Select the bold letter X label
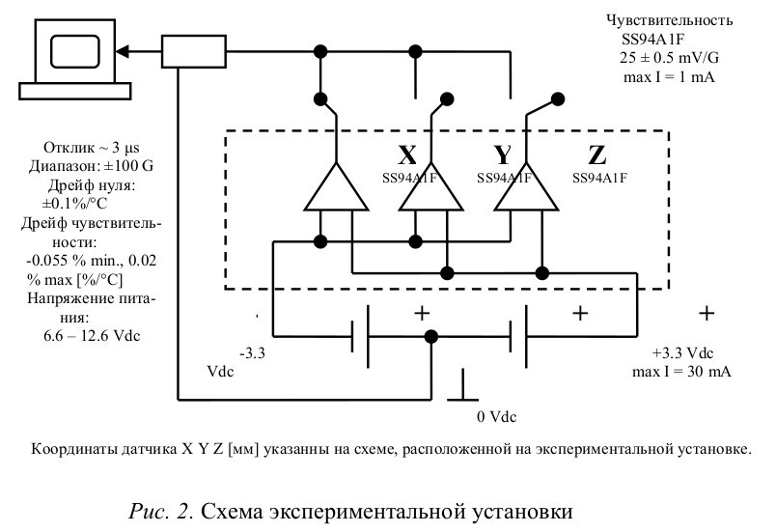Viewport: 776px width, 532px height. tap(407, 155)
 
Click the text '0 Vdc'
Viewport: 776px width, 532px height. tap(497, 417)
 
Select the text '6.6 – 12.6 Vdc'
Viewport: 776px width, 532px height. tap(86, 333)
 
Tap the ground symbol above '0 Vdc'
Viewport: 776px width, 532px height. tap(464, 391)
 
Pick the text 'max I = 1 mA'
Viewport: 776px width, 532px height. tap(668, 76)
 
